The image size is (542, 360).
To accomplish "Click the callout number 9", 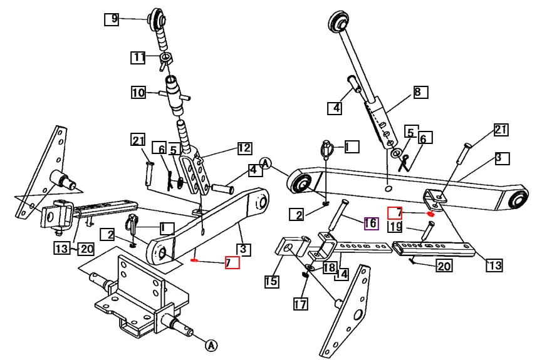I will click(x=111, y=19).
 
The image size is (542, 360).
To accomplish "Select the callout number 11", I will click(x=138, y=58).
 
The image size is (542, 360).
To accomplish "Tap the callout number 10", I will click(x=138, y=93).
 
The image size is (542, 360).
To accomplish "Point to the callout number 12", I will click(x=244, y=148).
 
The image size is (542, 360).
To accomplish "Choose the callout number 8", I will click(x=420, y=93).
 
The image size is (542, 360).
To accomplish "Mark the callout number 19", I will click(x=395, y=227).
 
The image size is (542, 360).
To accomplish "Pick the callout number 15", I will click(x=271, y=281).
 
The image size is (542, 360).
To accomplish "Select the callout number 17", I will click(x=300, y=304).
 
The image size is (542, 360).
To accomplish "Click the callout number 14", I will click(x=341, y=273).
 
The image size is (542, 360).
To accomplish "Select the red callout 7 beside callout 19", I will click(x=395, y=213).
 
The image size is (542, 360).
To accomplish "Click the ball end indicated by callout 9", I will click(x=154, y=18).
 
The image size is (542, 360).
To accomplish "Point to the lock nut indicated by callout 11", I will click(x=166, y=59).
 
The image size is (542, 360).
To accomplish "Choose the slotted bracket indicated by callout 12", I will click(x=195, y=170).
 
